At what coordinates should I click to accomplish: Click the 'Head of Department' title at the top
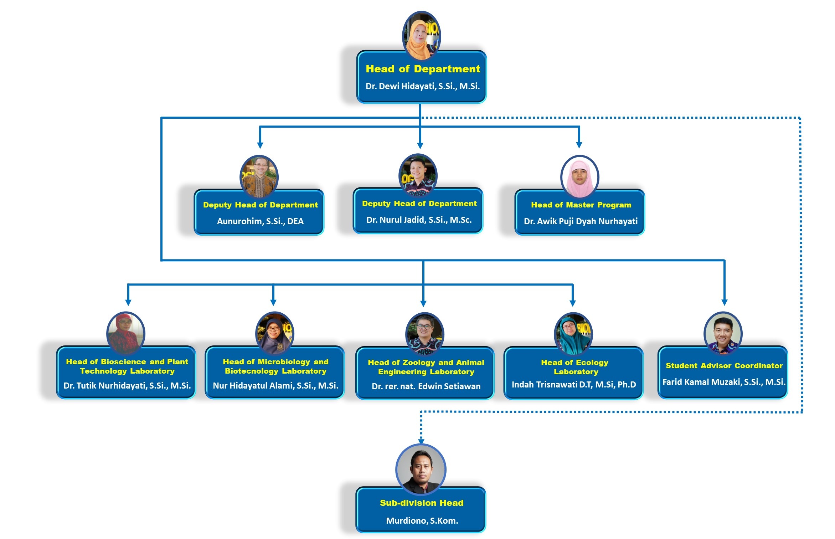click(x=423, y=69)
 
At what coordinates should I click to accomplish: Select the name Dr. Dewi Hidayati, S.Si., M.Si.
click(x=423, y=86)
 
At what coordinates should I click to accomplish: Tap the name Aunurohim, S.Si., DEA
click(x=260, y=221)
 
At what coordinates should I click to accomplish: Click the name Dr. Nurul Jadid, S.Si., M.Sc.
click(x=419, y=220)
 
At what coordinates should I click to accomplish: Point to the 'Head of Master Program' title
click(x=581, y=205)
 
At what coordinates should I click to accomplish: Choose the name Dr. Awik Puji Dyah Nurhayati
click(x=581, y=221)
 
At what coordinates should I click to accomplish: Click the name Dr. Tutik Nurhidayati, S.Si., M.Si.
click(x=127, y=386)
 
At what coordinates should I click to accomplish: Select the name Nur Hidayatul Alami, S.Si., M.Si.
click(x=275, y=386)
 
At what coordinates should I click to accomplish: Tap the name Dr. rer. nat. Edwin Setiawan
click(x=426, y=386)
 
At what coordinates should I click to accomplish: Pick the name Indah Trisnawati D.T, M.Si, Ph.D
click(x=574, y=385)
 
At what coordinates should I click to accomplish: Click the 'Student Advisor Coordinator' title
click(x=724, y=366)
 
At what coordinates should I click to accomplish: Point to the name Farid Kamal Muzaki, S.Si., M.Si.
click(x=724, y=382)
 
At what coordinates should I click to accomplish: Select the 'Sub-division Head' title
click(x=422, y=503)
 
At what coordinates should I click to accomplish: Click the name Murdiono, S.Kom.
click(x=422, y=521)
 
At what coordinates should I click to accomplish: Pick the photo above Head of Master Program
click(x=580, y=176)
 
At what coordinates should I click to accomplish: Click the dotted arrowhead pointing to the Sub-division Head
click(x=421, y=441)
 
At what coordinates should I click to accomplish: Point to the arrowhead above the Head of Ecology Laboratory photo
click(x=573, y=303)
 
